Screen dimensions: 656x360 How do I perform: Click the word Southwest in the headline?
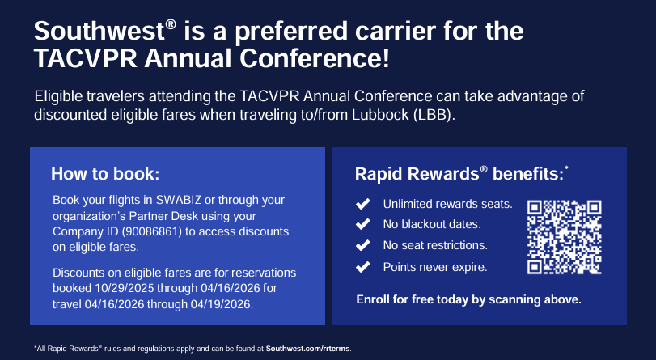[x=99, y=31]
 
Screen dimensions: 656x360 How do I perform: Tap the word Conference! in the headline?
[x=314, y=57]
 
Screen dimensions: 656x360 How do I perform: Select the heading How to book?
[x=105, y=174]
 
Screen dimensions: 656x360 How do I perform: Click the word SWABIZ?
[x=179, y=200]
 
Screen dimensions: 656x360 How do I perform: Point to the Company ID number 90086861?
[x=146, y=231]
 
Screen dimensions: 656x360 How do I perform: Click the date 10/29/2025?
[x=125, y=289]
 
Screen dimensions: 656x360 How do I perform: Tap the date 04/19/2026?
[x=221, y=304]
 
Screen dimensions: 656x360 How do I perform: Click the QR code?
[x=564, y=237]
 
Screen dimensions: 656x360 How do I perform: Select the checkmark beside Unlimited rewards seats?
[x=362, y=204]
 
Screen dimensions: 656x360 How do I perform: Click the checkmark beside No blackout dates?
[x=362, y=224]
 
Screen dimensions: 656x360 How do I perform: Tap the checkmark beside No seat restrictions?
[x=362, y=245]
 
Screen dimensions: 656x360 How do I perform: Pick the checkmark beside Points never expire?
[x=362, y=267]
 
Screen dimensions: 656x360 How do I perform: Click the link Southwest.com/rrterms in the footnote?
[x=308, y=349]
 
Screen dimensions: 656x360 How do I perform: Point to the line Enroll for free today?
[x=468, y=299]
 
